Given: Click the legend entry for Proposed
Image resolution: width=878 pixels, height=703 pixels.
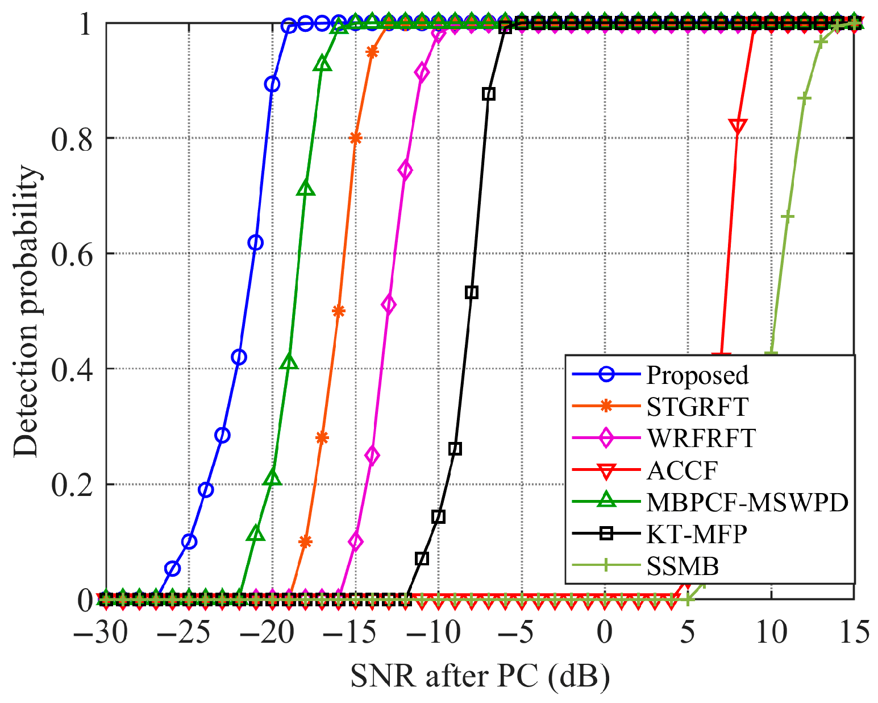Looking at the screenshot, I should (697, 375).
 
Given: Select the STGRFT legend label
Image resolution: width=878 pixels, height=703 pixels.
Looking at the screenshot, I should (697, 407).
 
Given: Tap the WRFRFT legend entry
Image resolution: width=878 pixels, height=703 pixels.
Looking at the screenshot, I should (701, 439).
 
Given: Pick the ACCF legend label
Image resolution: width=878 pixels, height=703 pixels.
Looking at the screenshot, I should (682, 470).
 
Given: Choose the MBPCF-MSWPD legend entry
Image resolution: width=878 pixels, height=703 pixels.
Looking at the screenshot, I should (747, 502).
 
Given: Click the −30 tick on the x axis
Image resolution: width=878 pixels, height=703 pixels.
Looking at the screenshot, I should (101, 632).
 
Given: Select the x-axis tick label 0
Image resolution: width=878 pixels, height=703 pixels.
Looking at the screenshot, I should (605, 632).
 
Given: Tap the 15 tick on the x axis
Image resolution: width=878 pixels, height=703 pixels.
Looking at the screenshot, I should (852, 632).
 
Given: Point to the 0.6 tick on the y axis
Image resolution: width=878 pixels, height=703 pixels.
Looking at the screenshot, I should (72, 254).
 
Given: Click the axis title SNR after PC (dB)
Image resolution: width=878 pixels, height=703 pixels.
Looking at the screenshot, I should (480, 676).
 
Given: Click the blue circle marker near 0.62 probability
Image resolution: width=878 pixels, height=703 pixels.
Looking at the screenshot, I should (256, 243).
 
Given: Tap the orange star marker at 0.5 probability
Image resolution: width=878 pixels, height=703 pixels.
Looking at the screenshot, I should (338, 311).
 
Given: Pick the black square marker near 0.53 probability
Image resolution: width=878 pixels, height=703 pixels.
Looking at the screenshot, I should (471, 292).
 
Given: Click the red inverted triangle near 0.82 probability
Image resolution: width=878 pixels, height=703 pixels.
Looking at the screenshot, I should (738, 127).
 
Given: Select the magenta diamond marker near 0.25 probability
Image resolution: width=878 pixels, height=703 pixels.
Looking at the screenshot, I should (372, 456).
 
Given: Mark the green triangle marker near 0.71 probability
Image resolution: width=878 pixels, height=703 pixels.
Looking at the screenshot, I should (306, 189).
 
